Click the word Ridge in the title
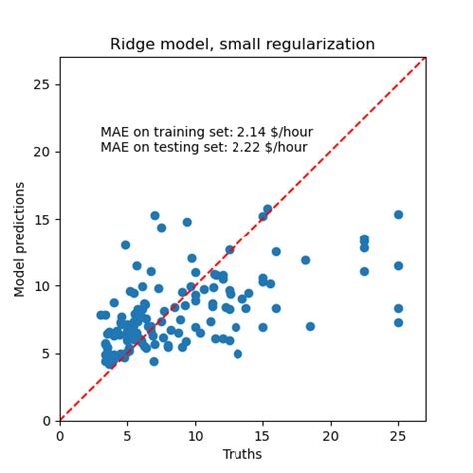(131, 44)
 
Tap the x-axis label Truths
(242, 455)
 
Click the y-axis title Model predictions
(19, 238)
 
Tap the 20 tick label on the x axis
(330, 436)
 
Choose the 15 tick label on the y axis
(43, 219)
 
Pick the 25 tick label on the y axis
(43, 84)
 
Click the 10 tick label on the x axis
(195, 436)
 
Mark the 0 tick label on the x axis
(60, 436)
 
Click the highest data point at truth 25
(398, 214)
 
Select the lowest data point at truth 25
(398, 322)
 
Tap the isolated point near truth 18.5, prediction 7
(310, 326)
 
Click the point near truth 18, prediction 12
(305, 260)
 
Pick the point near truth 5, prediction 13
(126, 245)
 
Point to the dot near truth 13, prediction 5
(237, 353)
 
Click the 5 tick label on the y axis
(47, 353)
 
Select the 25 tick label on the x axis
(398, 436)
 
